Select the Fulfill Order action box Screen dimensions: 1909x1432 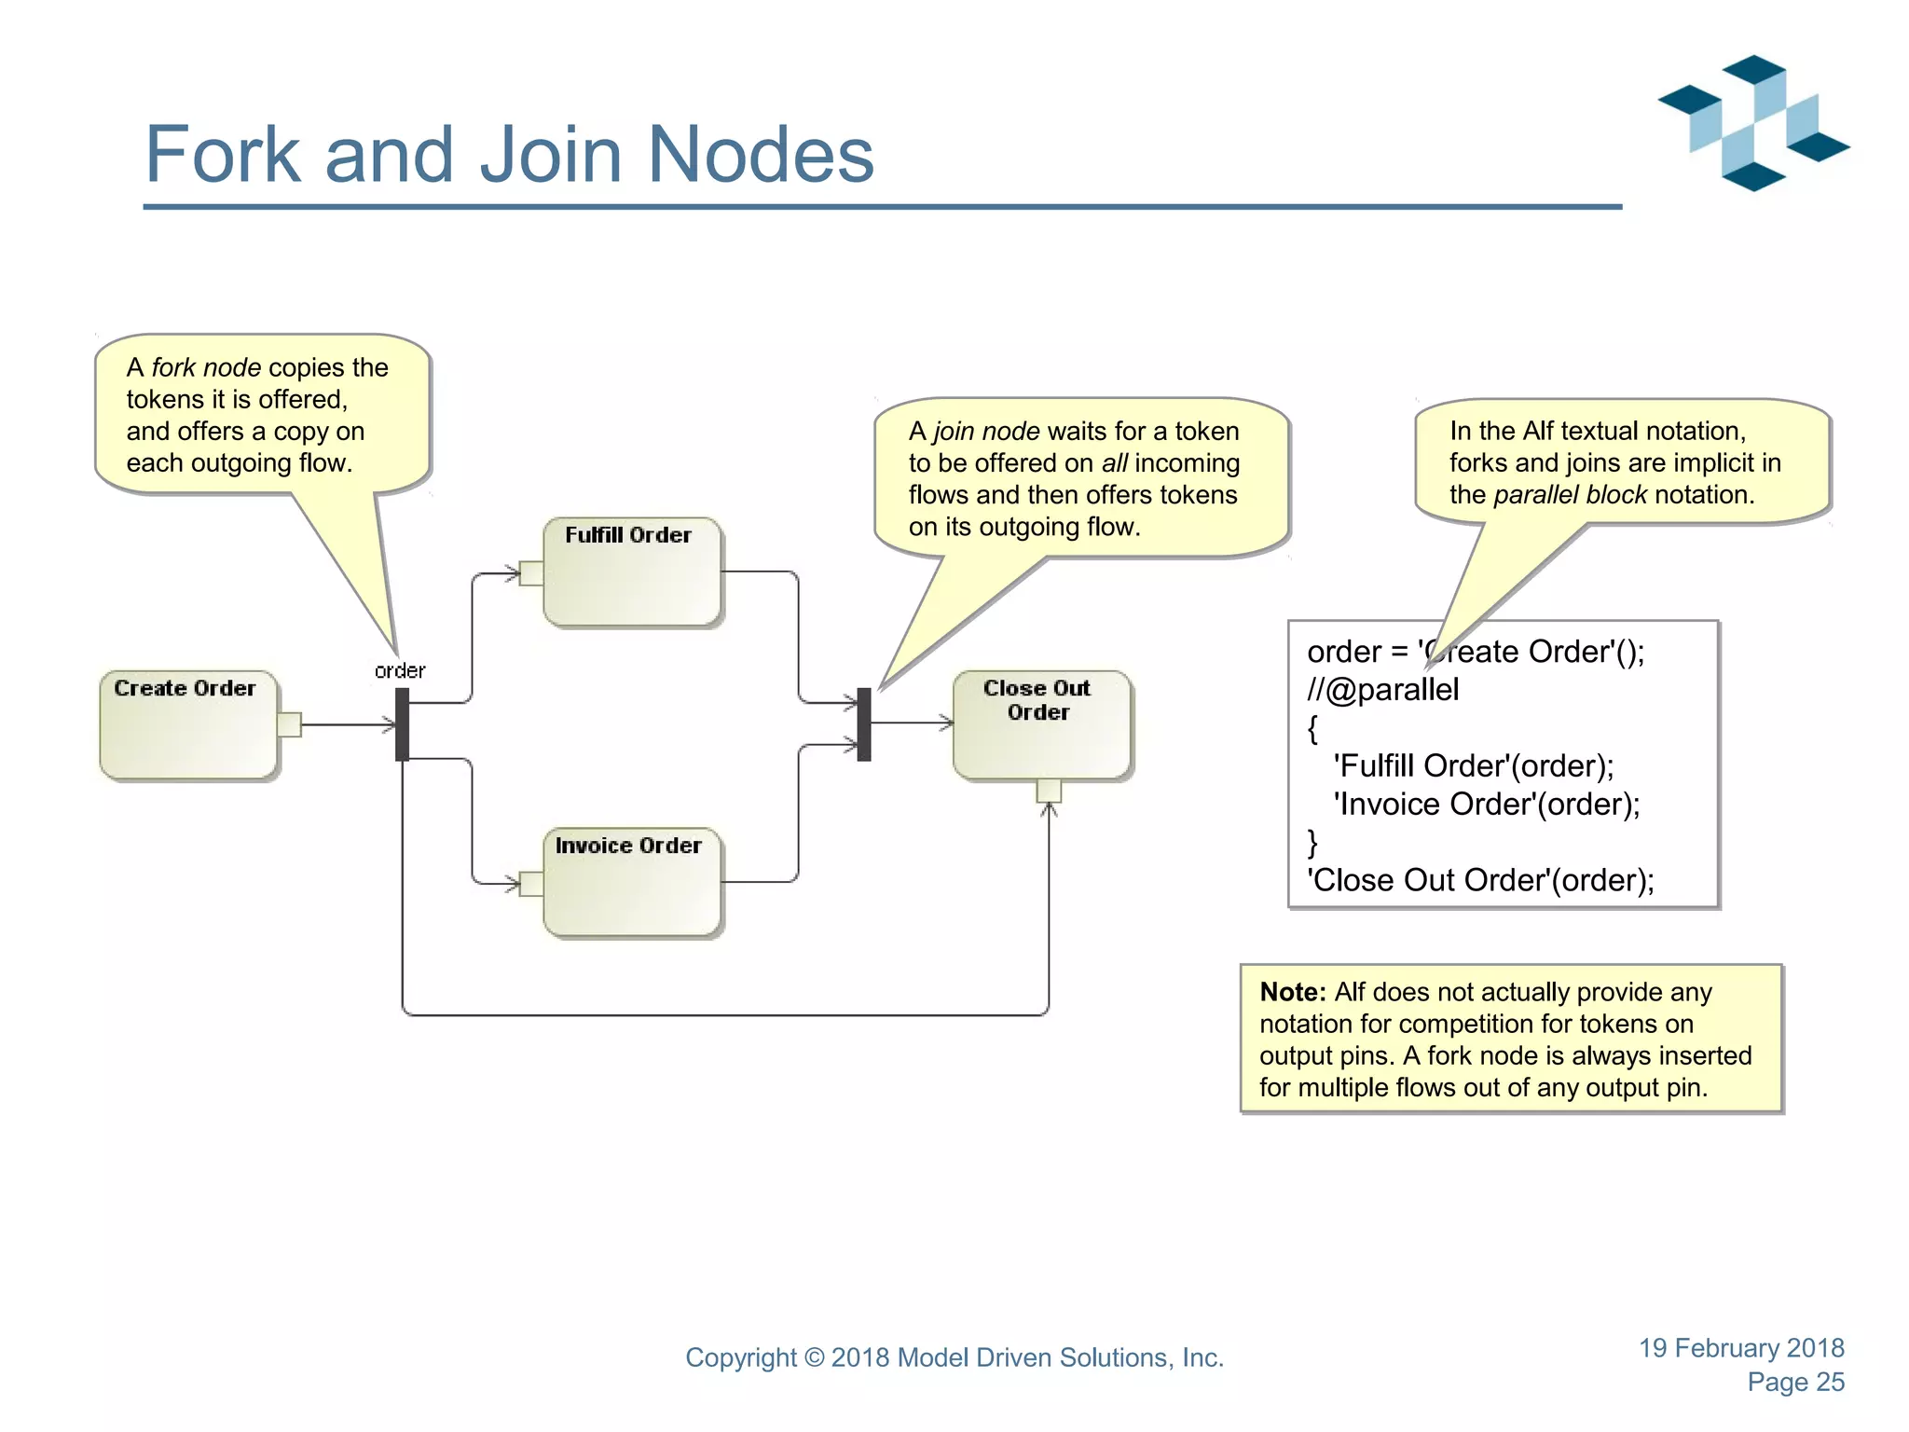[632, 572]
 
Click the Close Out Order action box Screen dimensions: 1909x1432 [1041, 725]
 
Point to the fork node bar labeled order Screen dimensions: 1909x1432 [402, 724]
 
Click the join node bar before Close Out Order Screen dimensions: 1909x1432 [864, 724]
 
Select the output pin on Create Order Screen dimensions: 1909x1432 [289, 724]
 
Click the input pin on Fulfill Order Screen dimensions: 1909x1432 [531, 572]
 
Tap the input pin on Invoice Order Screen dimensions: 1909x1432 [531, 883]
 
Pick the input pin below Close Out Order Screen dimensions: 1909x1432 [1049, 791]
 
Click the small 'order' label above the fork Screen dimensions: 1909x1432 [400, 670]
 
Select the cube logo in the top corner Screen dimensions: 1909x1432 [1753, 123]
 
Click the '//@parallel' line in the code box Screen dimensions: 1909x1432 [1382, 690]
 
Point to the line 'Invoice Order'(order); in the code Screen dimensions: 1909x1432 [1486, 804]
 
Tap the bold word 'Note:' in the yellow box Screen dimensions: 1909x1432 [1292, 992]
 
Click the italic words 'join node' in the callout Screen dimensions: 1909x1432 [986, 432]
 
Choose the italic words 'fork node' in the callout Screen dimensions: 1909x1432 [206, 367]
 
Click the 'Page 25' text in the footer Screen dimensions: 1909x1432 [1795, 1382]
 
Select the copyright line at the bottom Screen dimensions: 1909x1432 [954, 1357]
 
